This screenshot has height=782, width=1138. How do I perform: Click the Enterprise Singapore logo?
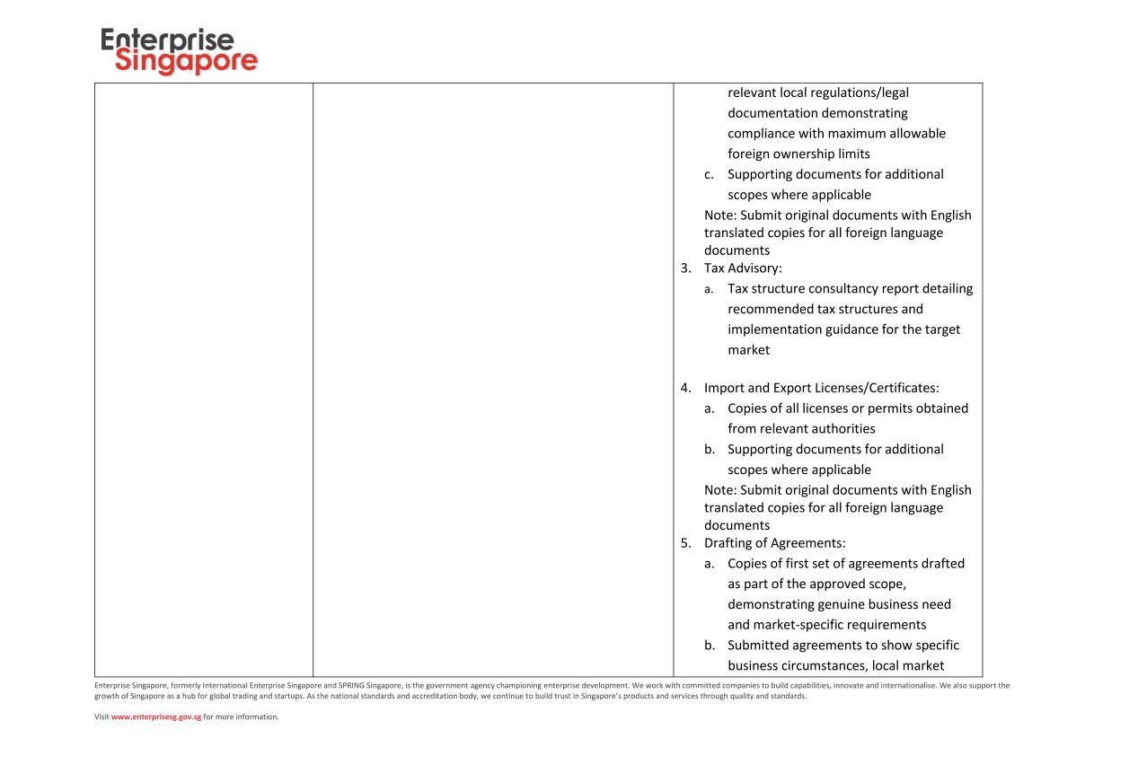[x=179, y=51]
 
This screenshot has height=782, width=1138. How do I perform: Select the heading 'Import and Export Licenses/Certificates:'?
[x=821, y=388]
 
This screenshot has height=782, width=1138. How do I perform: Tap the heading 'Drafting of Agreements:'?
[x=774, y=543]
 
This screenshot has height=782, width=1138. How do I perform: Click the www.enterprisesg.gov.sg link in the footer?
[x=155, y=716]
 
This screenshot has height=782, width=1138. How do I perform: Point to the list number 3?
[x=685, y=268]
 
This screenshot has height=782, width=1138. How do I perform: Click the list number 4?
[x=685, y=388]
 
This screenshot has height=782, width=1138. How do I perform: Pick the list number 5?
[x=685, y=543]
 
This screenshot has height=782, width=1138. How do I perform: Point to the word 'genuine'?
[x=839, y=604]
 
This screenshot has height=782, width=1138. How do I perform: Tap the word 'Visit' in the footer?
[x=101, y=716]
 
